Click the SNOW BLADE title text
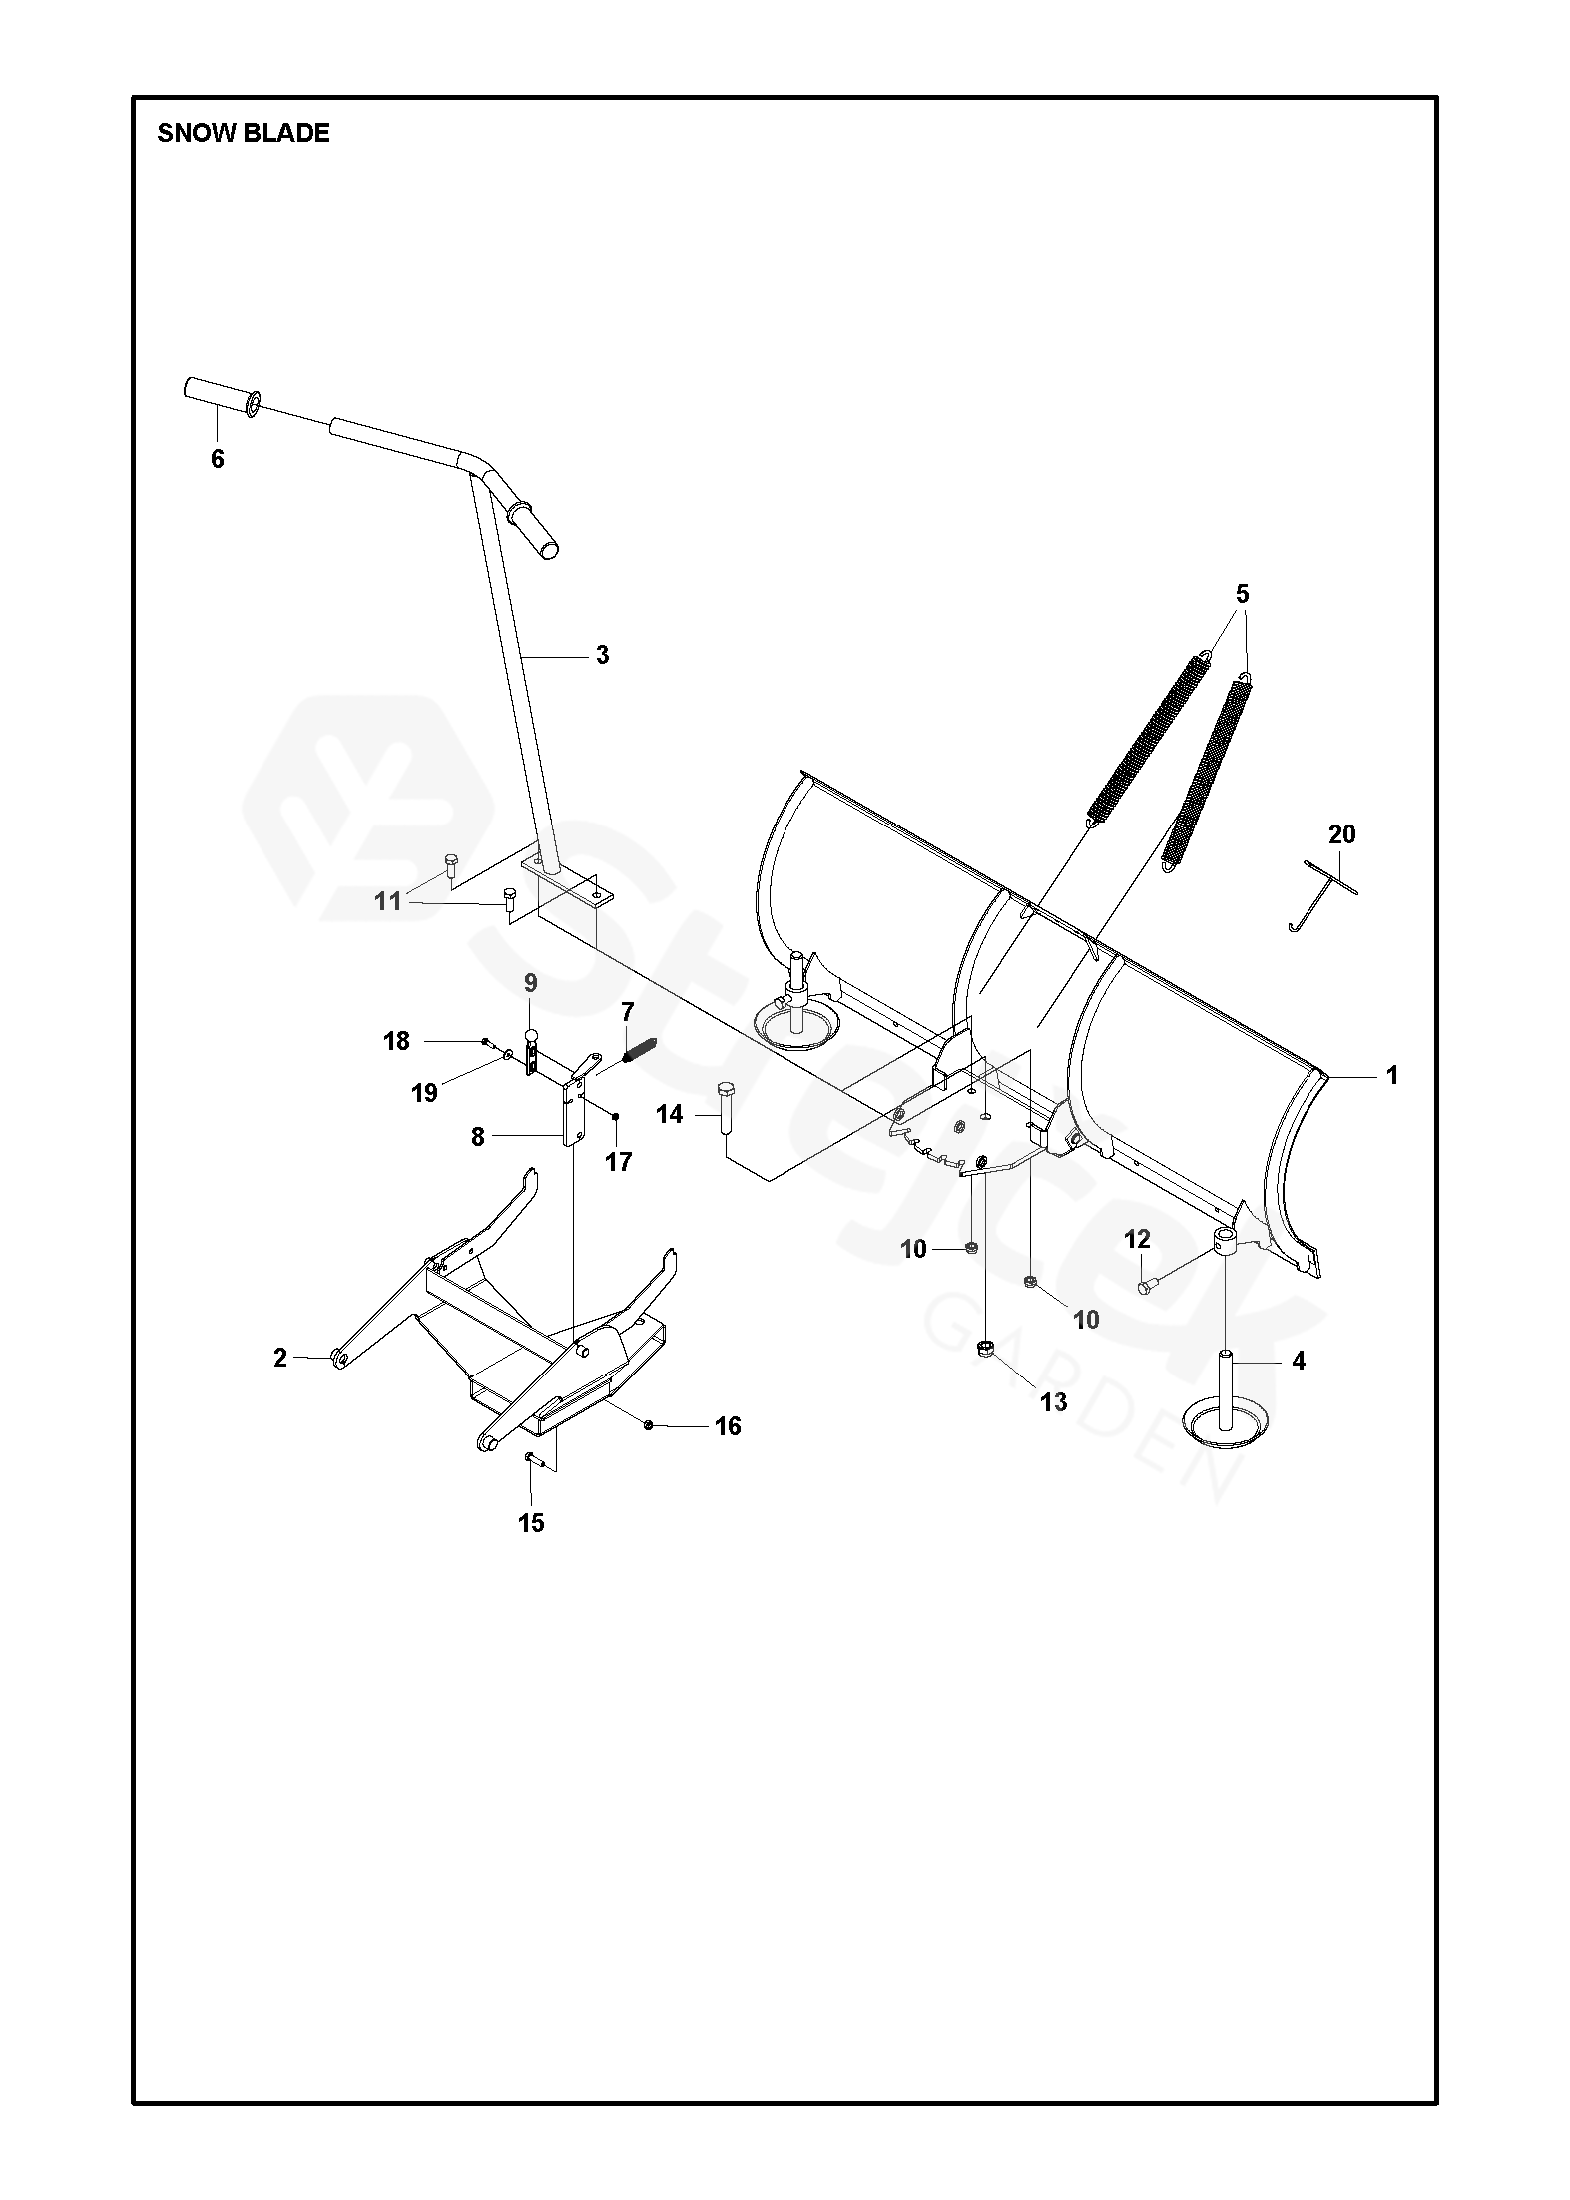click(243, 134)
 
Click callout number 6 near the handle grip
click(218, 459)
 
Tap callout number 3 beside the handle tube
click(602, 655)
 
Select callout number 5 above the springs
click(1242, 594)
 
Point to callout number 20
click(1341, 833)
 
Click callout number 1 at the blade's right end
click(1391, 1075)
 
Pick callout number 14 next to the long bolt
click(670, 1114)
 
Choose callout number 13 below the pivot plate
click(1053, 1402)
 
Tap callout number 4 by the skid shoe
click(1299, 1360)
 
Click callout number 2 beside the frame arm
click(280, 1357)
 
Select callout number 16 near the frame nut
click(728, 1426)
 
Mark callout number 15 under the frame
click(531, 1522)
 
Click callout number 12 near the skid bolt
click(1137, 1239)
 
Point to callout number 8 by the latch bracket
click(477, 1136)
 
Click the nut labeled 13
click(986, 1349)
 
